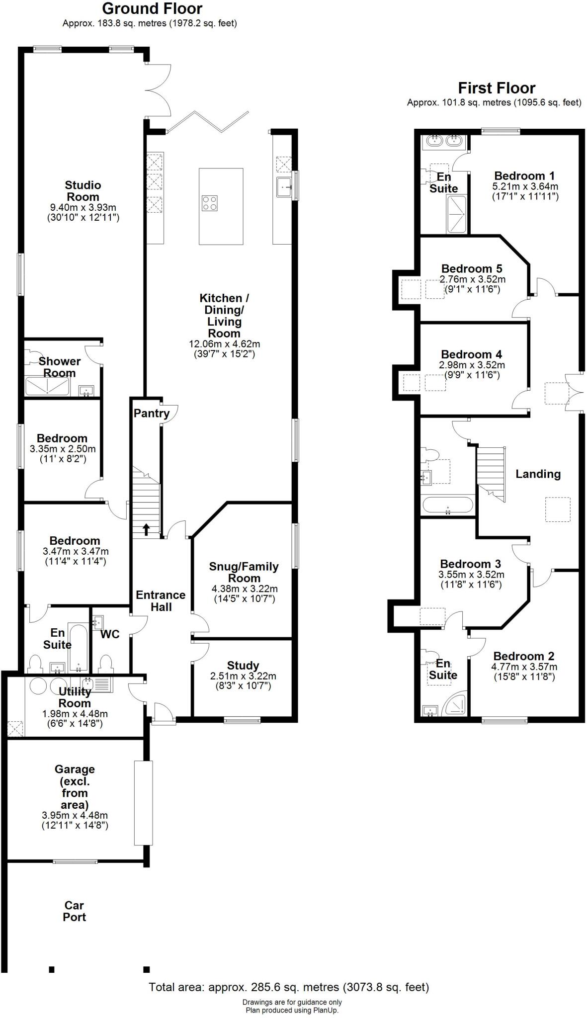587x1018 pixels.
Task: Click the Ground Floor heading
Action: pos(152,8)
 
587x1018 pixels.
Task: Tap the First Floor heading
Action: pos(496,88)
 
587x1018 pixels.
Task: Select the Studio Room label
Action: pos(83,191)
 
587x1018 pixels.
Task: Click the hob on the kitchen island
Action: pos(209,203)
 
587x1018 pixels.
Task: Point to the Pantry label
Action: pos(151,413)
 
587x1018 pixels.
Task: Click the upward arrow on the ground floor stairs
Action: pos(146,529)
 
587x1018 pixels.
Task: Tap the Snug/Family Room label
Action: pos(244,572)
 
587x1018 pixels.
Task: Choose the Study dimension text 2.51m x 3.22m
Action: pos(243,676)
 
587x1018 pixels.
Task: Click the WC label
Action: pos(110,634)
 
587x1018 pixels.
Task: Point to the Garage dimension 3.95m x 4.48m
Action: pos(75,815)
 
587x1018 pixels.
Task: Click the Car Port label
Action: pos(74,911)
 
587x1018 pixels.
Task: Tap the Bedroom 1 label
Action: pos(524,175)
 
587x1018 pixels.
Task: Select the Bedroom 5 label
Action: pos(472,269)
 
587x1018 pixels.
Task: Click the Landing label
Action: pos(538,474)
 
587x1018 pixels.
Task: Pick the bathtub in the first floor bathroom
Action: pos(447,505)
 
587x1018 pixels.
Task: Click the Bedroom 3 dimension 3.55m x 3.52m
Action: pos(471,575)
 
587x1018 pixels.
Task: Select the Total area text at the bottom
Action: pos(289,987)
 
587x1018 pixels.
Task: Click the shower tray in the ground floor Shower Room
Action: pos(48,387)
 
